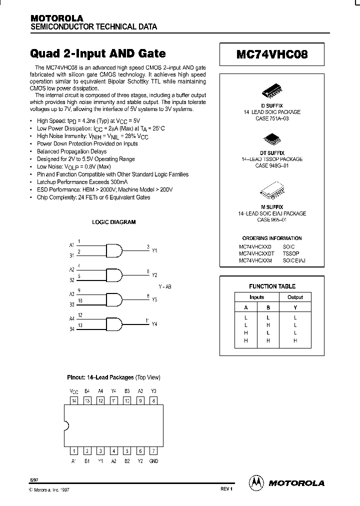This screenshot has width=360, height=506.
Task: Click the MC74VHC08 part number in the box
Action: [272, 54]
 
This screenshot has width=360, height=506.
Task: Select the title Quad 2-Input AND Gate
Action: [98, 53]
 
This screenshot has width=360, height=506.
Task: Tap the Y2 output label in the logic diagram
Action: [154, 275]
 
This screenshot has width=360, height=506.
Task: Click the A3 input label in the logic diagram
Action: [71, 294]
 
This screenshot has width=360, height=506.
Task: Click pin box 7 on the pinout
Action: [153, 451]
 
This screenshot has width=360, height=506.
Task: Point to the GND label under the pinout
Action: [153, 461]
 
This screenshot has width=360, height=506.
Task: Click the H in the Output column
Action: [295, 340]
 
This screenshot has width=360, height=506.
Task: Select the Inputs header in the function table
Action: [257, 297]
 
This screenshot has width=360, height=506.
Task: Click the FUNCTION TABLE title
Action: [272, 286]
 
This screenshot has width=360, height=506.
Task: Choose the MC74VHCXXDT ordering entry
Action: [256, 253]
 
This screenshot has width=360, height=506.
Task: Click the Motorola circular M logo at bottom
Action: [256, 482]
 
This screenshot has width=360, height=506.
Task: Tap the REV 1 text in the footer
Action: [226, 489]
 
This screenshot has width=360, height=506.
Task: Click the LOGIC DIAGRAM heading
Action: [114, 222]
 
